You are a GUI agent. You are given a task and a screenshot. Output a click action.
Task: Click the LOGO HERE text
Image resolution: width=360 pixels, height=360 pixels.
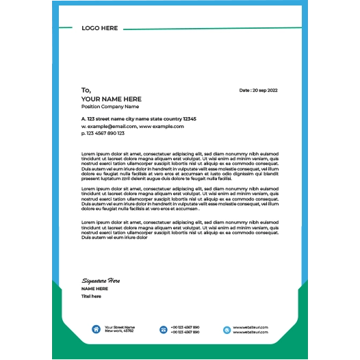[x=100, y=28]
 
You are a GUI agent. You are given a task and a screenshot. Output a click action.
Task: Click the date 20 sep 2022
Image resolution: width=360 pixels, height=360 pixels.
[x=259, y=90]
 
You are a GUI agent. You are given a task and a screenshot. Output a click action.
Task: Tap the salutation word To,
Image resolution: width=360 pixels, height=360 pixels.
[x=86, y=90]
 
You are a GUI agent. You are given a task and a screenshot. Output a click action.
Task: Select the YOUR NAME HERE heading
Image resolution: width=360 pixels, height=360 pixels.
[x=112, y=99]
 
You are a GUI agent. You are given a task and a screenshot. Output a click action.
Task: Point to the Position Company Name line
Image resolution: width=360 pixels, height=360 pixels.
[x=110, y=107]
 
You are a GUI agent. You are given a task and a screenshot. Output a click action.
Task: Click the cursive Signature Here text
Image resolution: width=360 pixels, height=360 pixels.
[x=101, y=281]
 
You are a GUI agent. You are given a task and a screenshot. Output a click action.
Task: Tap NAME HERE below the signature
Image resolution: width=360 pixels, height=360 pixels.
[x=94, y=289]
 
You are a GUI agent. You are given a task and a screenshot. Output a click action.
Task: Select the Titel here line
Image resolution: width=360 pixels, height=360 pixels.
[x=91, y=296]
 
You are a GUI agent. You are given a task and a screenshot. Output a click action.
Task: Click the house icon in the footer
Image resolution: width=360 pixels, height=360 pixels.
[x=96, y=329]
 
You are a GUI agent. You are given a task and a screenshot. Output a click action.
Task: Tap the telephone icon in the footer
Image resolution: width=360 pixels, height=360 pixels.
[x=164, y=329]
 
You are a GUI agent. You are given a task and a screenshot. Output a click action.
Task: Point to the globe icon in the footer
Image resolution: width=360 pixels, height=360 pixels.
[x=227, y=329]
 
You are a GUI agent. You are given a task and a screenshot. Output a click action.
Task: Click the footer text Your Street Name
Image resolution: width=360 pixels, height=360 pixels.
[x=120, y=327]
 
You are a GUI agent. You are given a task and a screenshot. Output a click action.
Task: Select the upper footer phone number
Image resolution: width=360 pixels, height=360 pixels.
[x=185, y=327]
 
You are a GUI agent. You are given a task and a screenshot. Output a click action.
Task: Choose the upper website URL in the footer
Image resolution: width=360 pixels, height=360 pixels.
[x=250, y=327]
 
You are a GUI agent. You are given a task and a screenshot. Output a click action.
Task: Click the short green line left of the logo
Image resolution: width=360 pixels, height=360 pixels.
[x=66, y=28]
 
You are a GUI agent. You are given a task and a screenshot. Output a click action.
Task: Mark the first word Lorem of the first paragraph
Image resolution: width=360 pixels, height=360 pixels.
[x=88, y=154]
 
